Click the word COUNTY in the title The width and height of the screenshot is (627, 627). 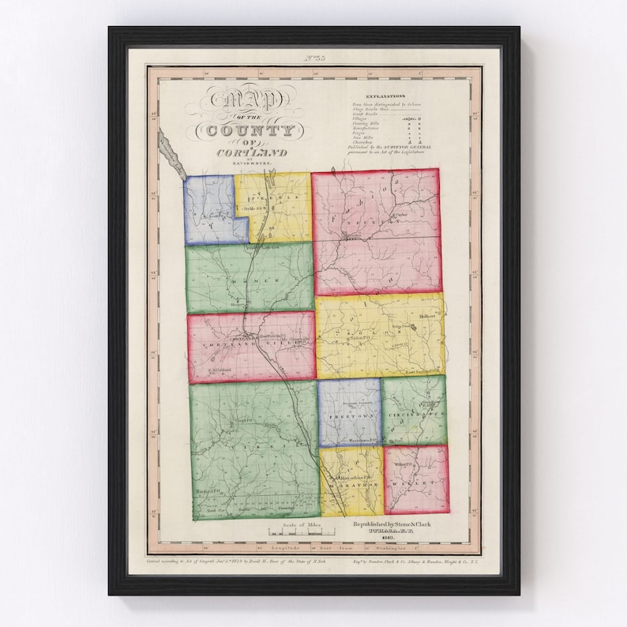pos(246,130)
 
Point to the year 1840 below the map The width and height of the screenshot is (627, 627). pos(385,537)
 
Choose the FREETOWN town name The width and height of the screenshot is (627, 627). pos(350,414)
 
